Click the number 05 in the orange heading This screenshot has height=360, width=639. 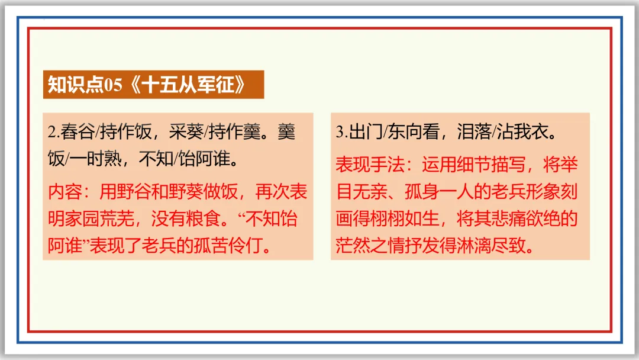113,85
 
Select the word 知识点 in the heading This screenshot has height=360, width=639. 75,85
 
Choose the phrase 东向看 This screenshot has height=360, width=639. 412,131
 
